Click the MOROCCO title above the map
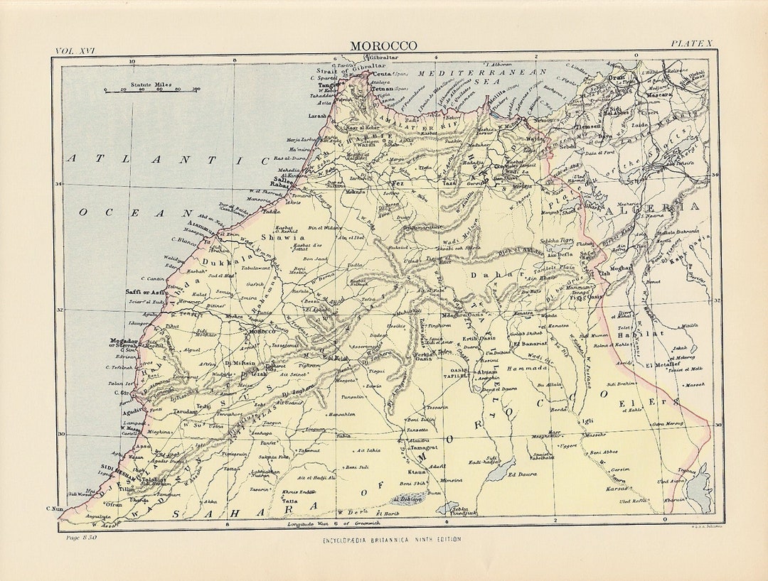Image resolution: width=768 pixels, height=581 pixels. [x=383, y=46]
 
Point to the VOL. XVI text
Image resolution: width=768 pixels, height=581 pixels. [x=75, y=50]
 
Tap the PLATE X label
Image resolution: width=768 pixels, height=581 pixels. [x=690, y=45]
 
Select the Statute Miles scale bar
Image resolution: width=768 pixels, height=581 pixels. [x=151, y=89]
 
